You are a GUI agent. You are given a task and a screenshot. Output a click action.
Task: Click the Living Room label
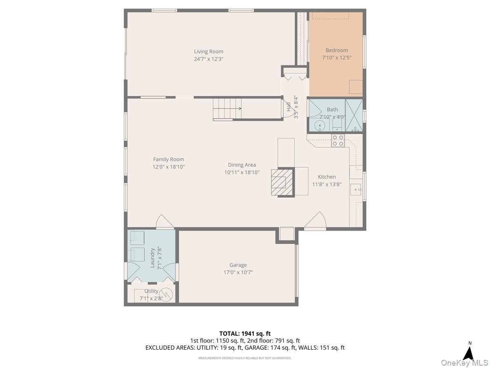pyautogui.click(x=208, y=52)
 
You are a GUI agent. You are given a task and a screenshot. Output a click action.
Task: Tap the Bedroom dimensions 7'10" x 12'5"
pyautogui.click(x=336, y=58)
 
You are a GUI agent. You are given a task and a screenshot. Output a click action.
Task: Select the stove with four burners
pyautogui.click(x=338, y=140)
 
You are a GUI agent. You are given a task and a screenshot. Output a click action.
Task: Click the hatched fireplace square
pyautogui.click(x=283, y=182)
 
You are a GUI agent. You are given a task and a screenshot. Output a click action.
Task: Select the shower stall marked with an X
pyautogui.click(x=354, y=115)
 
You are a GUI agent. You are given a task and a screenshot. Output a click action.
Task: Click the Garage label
pyautogui.click(x=238, y=265)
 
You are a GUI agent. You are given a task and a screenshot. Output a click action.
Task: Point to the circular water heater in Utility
pyautogui.click(x=166, y=294)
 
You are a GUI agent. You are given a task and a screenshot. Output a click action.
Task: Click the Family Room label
pyautogui.click(x=168, y=159)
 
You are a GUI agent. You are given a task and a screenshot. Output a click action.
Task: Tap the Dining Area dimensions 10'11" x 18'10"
pyautogui.click(x=242, y=173)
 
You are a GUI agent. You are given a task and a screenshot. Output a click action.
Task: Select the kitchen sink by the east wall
pyautogui.click(x=356, y=189)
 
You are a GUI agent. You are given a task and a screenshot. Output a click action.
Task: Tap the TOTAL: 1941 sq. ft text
pyautogui.click(x=245, y=334)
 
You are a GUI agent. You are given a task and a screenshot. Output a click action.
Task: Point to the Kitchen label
pyautogui.click(x=327, y=177)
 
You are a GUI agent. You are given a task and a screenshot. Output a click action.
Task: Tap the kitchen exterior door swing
pyautogui.click(x=316, y=222)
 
